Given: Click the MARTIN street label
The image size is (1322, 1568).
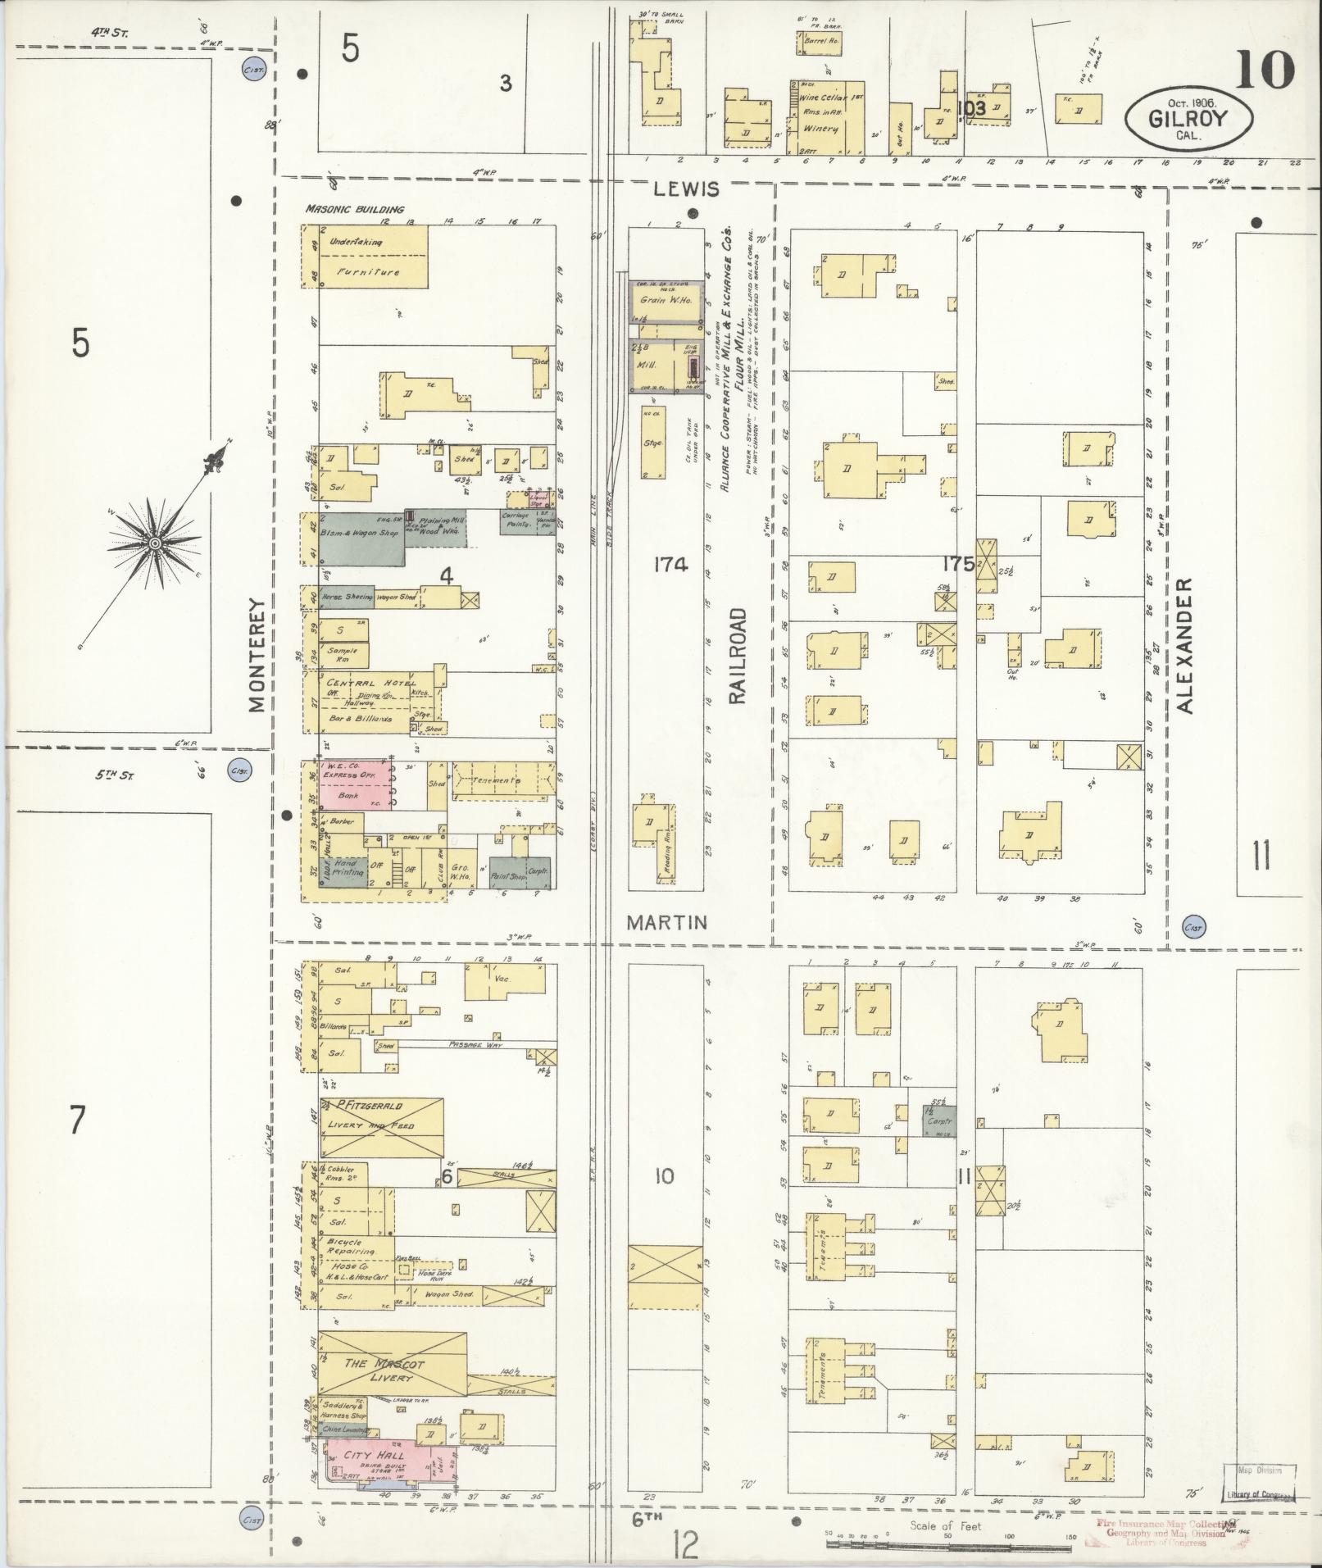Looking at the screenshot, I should [666, 922].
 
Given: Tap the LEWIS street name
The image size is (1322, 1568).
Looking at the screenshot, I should [686, 189].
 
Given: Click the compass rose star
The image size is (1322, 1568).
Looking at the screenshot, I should [154, 543].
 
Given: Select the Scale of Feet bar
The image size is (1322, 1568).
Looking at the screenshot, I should [947, 1547].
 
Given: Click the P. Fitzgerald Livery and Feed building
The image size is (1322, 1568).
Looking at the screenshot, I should [382, 1127].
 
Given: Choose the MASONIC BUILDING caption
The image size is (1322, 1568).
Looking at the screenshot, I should [355, 209].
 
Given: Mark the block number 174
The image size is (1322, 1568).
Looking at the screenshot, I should [671, 564].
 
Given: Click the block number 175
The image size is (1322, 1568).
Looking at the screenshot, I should [957, 564].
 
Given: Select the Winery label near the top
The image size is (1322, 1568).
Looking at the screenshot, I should [820, 129].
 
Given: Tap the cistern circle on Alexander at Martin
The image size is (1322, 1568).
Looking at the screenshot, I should [1193, 927].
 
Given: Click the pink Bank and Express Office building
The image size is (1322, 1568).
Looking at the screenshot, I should [354, 784].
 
